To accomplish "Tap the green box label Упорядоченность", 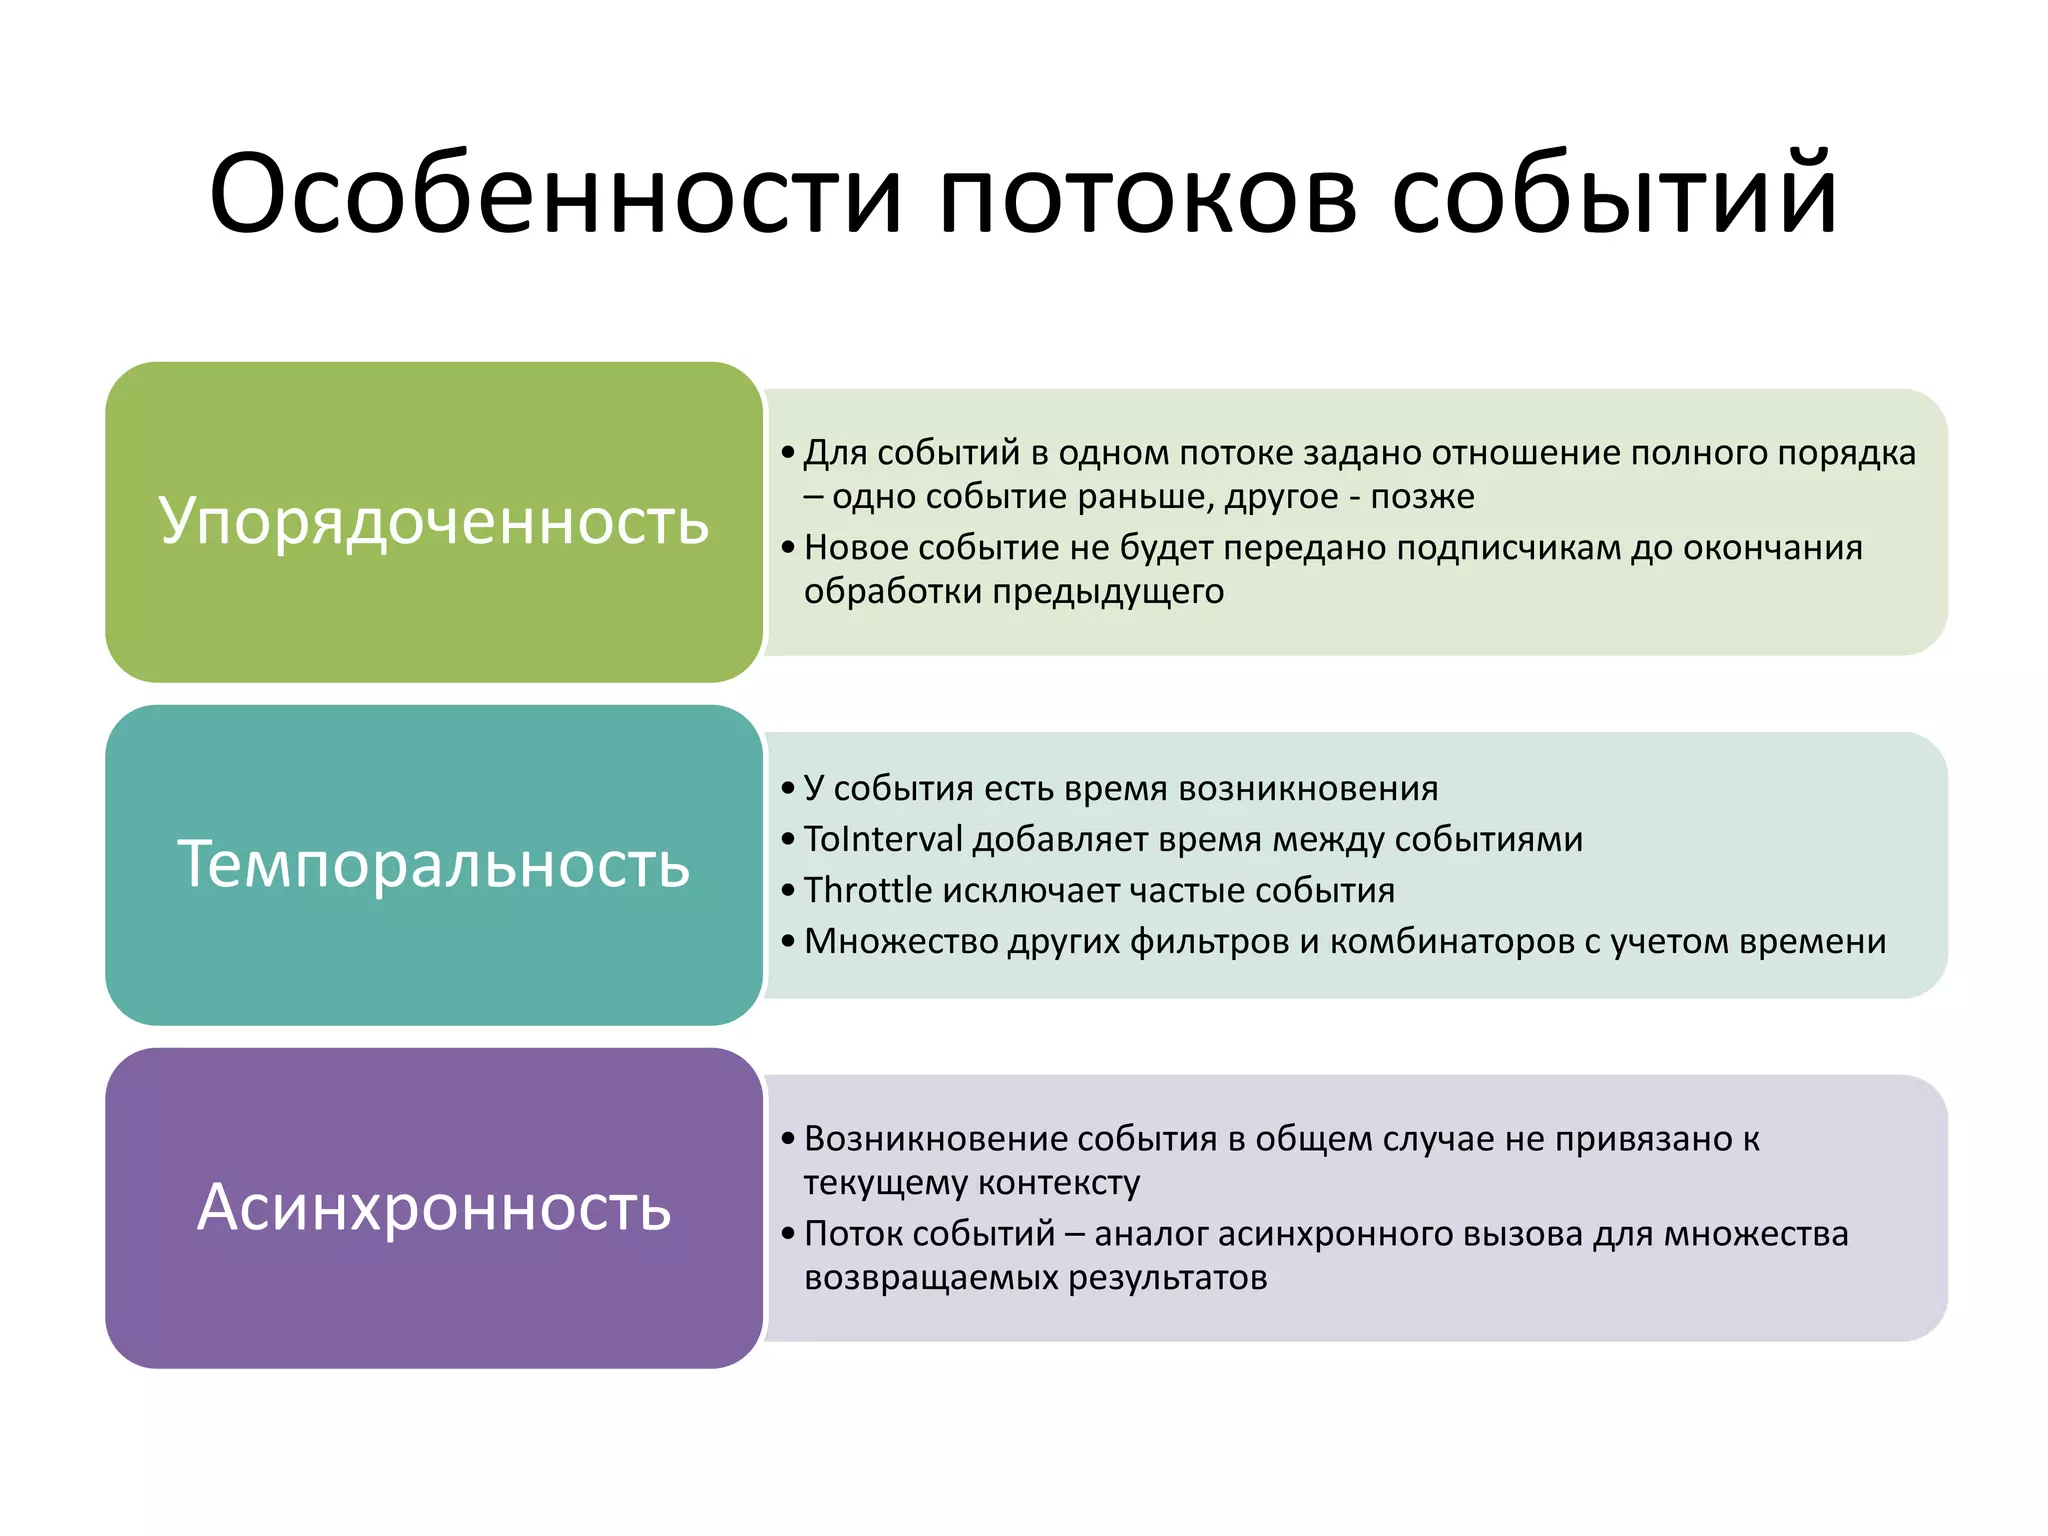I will click(434, 521).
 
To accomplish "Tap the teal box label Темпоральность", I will click(434, 864).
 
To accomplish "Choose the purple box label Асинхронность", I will click(434, 1207).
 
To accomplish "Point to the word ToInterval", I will click(883, 839).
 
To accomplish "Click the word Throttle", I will click(867, 890).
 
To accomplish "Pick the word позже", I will click(1422, 496).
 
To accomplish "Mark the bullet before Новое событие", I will click(788, 548).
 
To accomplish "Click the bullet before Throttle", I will click(788, 890).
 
